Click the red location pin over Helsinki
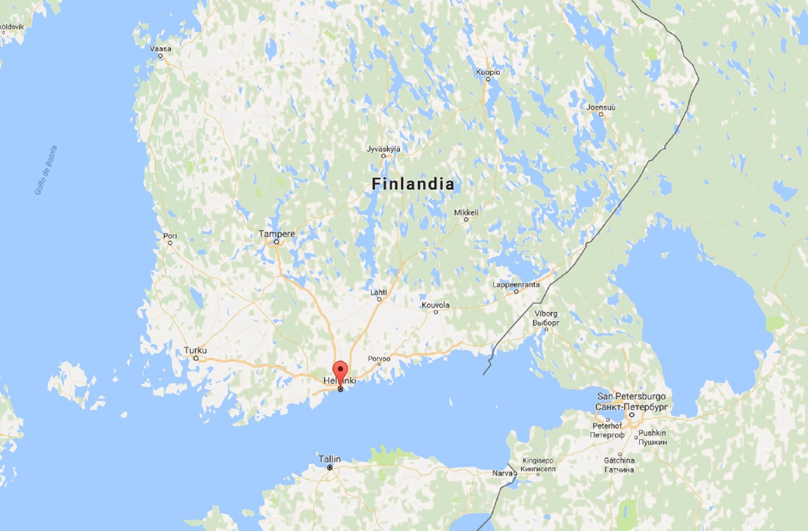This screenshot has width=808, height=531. click(x=340, y=370)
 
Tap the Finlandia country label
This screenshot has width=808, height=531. click(x=413, y=184)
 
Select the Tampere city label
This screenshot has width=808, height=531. click(x=277, y=234)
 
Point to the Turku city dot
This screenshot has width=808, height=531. click(x=196, y=358)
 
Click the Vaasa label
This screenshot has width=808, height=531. click(x=160, y=49)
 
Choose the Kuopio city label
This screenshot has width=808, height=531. click(x=488, y=72)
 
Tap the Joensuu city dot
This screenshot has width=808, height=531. click(x=601, y=114)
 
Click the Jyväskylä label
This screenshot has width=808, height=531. click(x=383, y=149)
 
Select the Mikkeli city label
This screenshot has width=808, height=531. click(x=466, y=212)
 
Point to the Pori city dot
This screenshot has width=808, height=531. click(x=170, y=243)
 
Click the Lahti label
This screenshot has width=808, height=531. click(x=379, y=292)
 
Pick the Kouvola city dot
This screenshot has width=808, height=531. click(x=436, y=312)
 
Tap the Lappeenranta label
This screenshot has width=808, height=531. click(x=516, y=285)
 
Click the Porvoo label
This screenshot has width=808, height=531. click(x=379, y=358)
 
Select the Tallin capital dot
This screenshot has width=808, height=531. click(x=330, y=468)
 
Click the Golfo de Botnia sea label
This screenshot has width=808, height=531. click(x=46, y=170)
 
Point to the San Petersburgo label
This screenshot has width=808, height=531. click(x=631, y=396)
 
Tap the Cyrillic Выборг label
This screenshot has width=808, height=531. click(x=545, y=323)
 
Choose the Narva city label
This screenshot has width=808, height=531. click(x=502, y=473)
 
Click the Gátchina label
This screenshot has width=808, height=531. click(x=619, y=460)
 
